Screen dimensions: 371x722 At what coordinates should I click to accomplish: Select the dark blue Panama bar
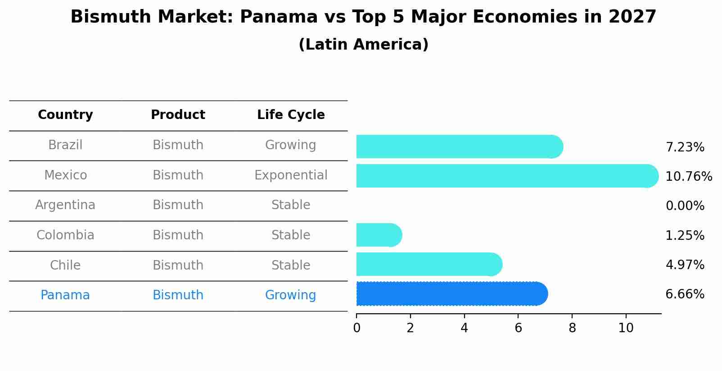(x=451, y=294)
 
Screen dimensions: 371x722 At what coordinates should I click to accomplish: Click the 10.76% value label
(x=688, y=176)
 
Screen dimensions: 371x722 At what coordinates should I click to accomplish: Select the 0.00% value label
(x=685, y=206)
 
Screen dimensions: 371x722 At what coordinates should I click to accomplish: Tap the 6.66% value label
(x=685, y=294)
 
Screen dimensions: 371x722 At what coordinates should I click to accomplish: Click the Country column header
(x=65, y=115)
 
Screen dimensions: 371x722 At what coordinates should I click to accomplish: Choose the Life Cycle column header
(x=291, y=115)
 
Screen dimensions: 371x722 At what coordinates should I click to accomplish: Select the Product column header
(x=178, y=115)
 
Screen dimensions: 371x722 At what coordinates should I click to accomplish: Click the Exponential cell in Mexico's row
(x=291, y=175)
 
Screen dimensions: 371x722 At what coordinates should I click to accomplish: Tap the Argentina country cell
(x=65, y=205)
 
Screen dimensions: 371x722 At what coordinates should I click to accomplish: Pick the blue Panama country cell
(x=65, y=295)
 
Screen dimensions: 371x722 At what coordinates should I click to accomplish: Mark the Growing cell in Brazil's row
(x=290, y=145)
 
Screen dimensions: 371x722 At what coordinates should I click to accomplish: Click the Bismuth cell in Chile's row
(x=178, y=265)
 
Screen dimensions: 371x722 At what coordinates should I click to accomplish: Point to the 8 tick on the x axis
(x=572, y=328)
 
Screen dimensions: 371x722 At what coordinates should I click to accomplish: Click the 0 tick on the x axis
(x=356, y=328)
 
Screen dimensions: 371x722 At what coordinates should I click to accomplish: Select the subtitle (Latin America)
(x=363, y=45)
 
